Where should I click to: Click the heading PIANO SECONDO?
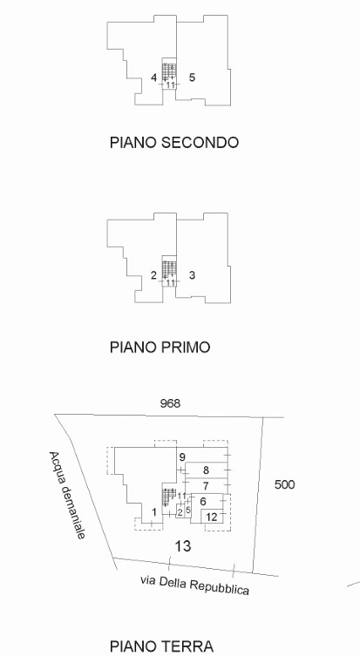(x=174, y=142)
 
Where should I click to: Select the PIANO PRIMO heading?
(x=160, y=347)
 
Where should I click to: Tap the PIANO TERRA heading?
(x=161, y=646)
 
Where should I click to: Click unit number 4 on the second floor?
(x=154, y=78)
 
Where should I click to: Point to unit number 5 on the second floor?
(x=192, y=78)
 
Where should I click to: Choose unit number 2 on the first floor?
(x=153, y=275)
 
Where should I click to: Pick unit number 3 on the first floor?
(x=192, y=275)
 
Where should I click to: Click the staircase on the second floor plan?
(x=169, y=72)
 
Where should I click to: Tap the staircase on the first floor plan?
(x=169, y=270)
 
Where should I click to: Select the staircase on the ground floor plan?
(x=169, y=497)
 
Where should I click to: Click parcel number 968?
(x=170, y=403)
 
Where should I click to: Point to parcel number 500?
(x=285, y=484)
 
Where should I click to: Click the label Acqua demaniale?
(x=67, y=496)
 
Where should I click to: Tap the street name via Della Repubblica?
(x=194, y=585)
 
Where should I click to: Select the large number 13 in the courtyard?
(x=182, y=545)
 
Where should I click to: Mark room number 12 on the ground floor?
(x=212, y=517)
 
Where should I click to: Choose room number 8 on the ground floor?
(x=206, y=470)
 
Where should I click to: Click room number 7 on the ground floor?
(x=206, y=486)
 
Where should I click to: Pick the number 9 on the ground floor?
(x=181, y=457)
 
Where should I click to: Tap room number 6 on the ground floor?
(x=203, y=501)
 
